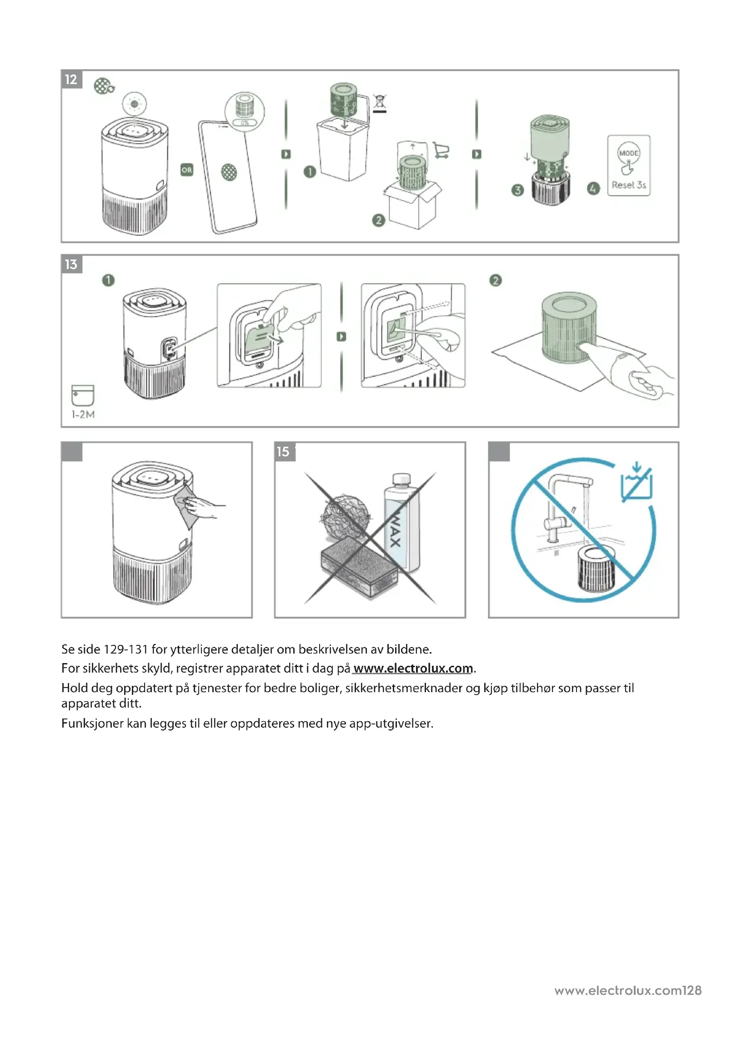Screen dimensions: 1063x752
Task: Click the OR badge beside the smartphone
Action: click(x=186, y=170)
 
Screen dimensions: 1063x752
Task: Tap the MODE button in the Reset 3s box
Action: click(x=628, y=153)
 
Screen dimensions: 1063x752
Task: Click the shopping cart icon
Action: click(x=441, y=150)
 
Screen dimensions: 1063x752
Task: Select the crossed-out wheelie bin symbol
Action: click(x=380, y=103)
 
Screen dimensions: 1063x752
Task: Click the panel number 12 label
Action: click(x=71, y=80)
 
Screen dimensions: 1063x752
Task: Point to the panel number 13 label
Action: click(x=71, y=265)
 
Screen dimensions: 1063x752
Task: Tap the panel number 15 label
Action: click(x=283, y=451)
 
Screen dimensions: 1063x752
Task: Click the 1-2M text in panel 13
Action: click(x=83, y=415)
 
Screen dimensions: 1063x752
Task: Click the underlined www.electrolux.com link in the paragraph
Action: click(x=412, y=669)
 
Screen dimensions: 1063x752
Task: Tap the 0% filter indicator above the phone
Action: click(x=245, y=123)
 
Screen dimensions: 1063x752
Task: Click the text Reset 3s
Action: click(x=628, y=185)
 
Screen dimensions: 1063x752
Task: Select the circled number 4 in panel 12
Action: click(x=593, y=189)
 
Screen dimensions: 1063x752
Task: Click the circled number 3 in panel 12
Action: click(x=517, y=190)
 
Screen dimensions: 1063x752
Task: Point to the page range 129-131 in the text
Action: click(x=125, y=649)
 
